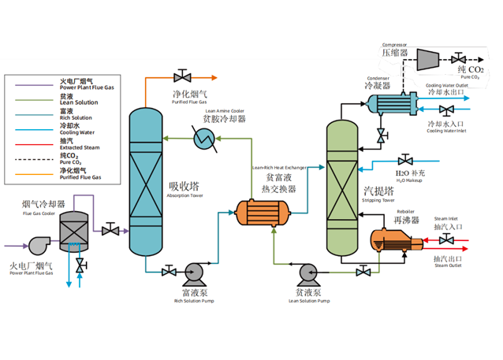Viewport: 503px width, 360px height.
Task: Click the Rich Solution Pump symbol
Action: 192,273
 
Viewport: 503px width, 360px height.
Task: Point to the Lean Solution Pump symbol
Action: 307,273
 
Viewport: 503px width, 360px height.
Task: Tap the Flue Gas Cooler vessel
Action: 73,232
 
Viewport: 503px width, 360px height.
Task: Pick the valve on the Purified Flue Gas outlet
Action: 183,76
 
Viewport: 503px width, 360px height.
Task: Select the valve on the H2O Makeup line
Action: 405,161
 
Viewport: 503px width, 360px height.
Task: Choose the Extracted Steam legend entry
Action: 80,144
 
